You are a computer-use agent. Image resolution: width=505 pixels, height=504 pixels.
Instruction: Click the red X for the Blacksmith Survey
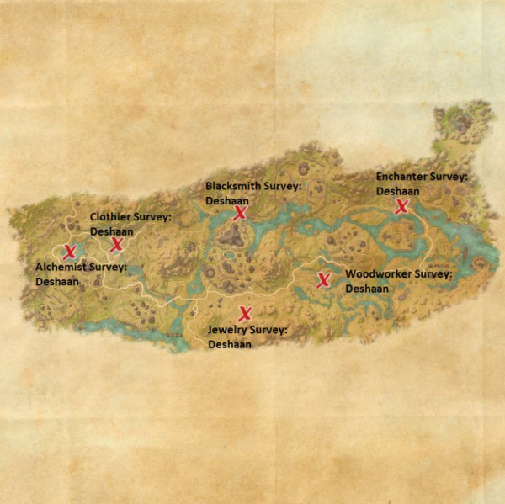tap(240, 214)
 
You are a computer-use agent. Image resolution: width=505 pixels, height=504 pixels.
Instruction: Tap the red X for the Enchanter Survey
tap(402, 206)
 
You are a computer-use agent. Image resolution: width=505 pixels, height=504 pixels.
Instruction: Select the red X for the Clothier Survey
tap(117, 245)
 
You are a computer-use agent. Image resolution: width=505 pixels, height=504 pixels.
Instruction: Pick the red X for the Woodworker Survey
tap(323, 280)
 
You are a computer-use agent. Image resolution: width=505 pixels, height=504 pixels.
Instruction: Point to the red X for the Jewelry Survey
tap(245, 314)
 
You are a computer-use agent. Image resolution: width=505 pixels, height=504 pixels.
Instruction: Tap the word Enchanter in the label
tap(401, 177)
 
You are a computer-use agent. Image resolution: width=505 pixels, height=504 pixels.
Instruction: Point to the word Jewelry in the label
tap(227, 331)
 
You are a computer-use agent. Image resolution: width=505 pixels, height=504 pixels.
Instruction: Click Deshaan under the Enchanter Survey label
tap(397, 191)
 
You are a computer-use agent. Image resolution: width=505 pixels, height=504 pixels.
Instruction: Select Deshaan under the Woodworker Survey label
tap(367, 288)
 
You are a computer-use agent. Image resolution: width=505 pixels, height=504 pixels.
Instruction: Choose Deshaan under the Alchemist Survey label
tap(57, 282)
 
